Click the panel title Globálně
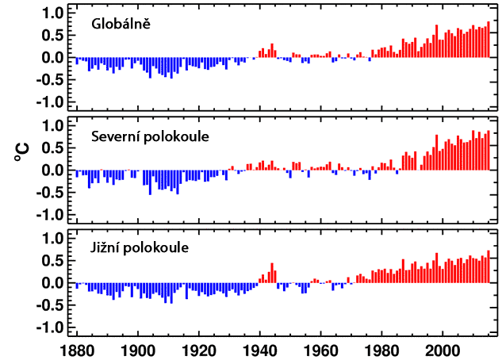point(120,24)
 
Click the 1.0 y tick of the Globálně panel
point(52,13)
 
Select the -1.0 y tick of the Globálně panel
point(49,102)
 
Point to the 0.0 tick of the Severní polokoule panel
point(52,170)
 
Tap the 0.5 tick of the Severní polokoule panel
point(52,148)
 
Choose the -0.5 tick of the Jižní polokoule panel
point(49,305)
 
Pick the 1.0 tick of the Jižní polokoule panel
point(52,239)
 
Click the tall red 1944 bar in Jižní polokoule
point(272,273)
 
